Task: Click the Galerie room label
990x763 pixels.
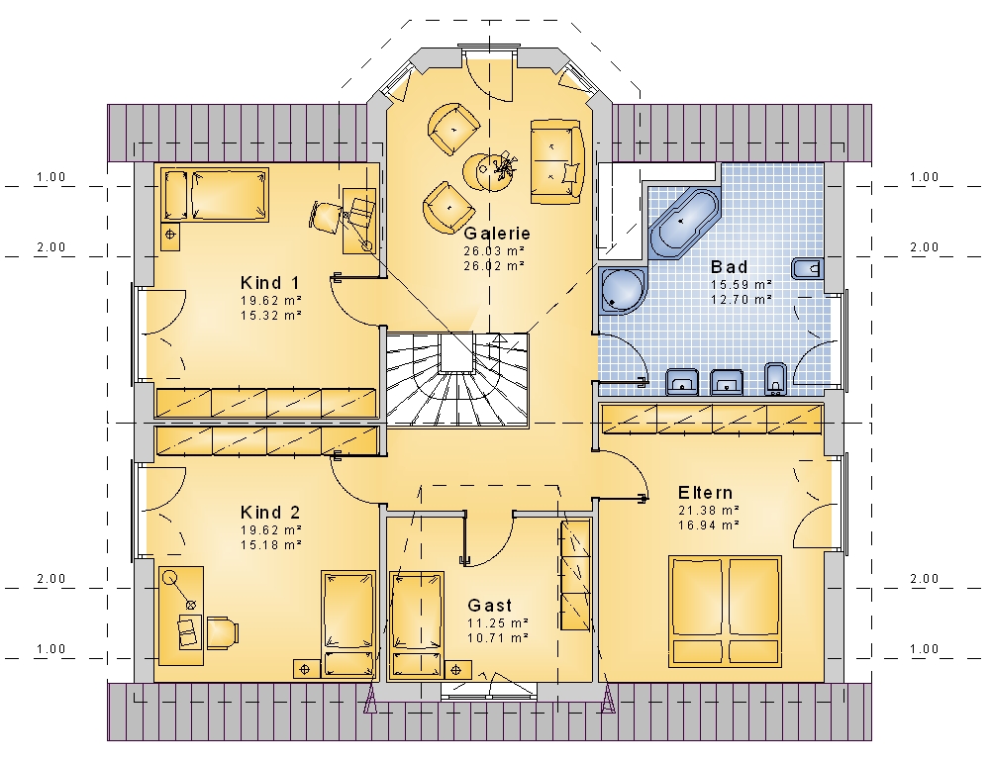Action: coord(497,234)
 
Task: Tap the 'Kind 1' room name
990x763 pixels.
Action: coord(270,283)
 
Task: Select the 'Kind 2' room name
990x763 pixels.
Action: coord(270,513)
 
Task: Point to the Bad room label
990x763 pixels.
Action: coord(730,267)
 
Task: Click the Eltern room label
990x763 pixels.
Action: coord(705,493)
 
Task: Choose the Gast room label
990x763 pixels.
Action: coord(490,606)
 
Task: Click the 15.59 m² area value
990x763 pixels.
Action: coord(742,285)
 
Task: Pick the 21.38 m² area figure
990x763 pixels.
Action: coord(709,510)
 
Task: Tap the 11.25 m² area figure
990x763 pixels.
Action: coord(498,622)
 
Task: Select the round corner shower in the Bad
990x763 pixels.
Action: coord(623,290)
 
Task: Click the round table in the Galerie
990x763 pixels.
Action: coord(488,170)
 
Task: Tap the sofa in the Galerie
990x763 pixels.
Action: coord(555,161)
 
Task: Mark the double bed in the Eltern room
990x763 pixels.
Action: coord(725,611)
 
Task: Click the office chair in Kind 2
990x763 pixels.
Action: coord(222,631)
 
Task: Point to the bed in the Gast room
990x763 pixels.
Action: coord(417,624)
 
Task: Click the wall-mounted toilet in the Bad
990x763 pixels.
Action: coord(807,269)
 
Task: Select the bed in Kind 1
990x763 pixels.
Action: coord(215,195)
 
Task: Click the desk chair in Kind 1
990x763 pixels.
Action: coord(326,217)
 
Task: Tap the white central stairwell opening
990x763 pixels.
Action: coord(455,352)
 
